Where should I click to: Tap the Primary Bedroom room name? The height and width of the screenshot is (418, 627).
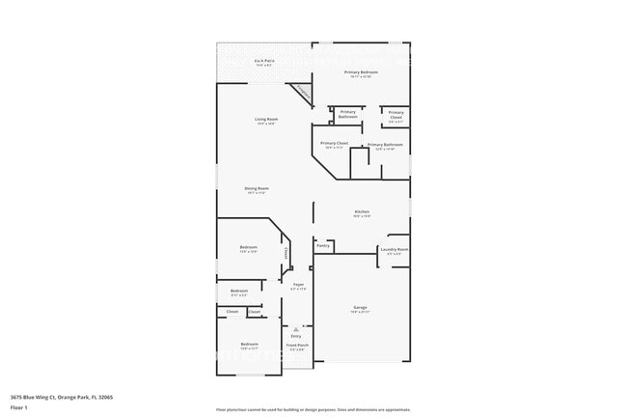362,72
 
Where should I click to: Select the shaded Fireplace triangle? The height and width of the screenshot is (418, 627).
305,93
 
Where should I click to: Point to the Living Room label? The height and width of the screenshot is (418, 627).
266,119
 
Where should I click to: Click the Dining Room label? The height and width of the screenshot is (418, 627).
258,188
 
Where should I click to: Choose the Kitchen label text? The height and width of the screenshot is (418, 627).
362,211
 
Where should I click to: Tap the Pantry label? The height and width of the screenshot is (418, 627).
323,245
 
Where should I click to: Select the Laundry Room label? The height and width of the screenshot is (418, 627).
395,249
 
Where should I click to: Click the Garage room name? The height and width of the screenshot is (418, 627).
360,307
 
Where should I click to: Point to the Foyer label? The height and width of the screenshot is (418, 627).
298,285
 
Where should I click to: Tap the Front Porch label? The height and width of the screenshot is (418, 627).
297,345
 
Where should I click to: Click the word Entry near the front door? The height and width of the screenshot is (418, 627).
296,336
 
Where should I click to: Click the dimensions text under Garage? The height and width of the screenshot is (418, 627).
360,312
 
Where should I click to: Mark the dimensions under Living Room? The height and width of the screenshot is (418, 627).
266,124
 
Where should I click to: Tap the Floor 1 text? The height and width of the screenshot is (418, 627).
19,407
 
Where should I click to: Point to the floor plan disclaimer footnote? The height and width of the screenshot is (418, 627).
313,409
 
